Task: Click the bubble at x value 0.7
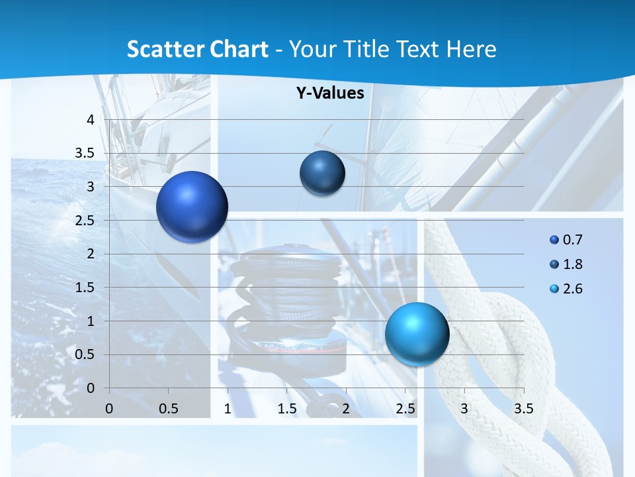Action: [192, 207]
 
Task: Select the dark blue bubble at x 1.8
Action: [322, 174]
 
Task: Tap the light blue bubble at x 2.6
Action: [417, 333]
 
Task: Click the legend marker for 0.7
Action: [554, 240]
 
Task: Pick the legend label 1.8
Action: [573, 264]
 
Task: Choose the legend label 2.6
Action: [573, 289]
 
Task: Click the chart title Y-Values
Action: [330, 93]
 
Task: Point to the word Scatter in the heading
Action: [164, 49]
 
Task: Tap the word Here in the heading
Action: [472, 49]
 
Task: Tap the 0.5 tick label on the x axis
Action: [169, 409]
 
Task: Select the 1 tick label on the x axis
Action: [228, 409]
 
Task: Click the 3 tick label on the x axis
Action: [464, 409]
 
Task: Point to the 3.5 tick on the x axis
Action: [523, 409]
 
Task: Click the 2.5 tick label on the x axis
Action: [405, 409]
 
